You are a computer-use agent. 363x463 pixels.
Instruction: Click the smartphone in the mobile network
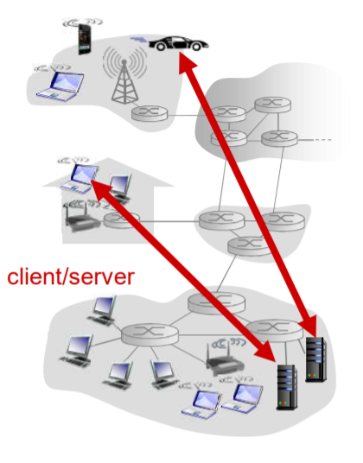click(84, 39)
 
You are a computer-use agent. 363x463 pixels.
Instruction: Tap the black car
click(178, 43)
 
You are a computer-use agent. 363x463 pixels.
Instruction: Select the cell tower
click(124, 80)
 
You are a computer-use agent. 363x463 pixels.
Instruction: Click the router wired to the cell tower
click(150, 113)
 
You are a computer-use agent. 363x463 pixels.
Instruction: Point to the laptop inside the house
click(80, 178)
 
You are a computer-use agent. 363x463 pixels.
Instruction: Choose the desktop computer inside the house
click(120, 187)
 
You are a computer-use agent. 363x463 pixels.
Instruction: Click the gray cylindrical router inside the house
click(121, 220)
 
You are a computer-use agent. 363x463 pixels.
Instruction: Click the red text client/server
click(71, 276)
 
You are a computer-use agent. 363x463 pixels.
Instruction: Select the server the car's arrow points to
click(315, 359)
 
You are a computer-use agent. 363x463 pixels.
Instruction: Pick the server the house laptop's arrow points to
click(287, 387)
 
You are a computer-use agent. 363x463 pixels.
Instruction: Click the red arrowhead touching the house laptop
click(100, 189)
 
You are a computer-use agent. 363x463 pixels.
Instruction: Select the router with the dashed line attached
click(279, 138)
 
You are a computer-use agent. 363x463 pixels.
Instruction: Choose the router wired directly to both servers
click(274, 330)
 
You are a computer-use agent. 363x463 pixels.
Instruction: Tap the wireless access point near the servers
click(225, 358)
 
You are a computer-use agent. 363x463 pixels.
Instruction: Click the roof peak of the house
click(108, 158)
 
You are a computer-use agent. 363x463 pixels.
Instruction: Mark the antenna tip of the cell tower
click(124, 60)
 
